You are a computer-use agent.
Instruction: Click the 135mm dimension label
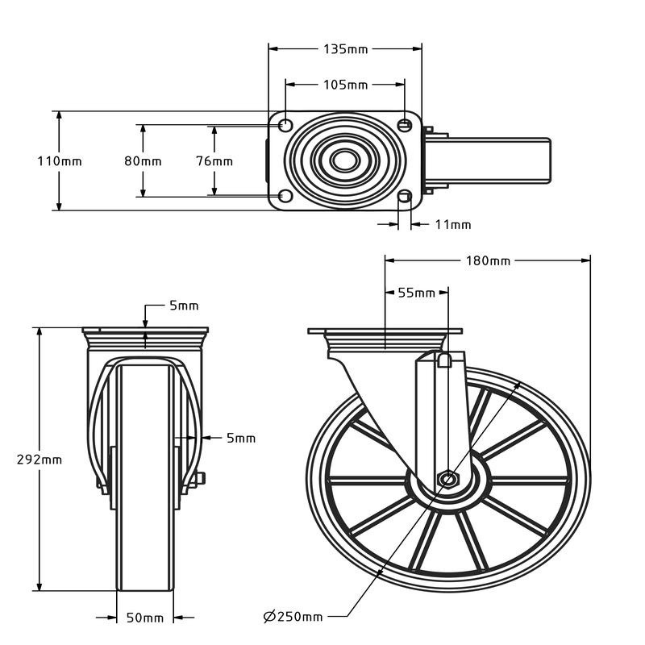coord(345,49)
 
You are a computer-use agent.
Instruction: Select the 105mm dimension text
coord(345,85)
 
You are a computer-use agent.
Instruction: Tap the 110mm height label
coord(59,161)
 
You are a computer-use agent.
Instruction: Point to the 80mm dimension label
coord(143,161)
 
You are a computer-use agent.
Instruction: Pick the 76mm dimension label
coord(214,161)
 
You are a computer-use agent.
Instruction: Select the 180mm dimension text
coord(488,260)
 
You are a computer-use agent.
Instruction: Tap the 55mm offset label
coord(416,293)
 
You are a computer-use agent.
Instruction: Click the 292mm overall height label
coord(40,460)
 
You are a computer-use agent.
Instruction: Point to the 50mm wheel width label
coord(145,618)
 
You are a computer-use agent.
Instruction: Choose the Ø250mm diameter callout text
coord(293,617)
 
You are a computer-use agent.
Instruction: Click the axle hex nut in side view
coord(447,480)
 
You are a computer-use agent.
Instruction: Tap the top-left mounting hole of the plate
coord(285,126)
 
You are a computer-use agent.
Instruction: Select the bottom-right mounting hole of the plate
coord(405,196)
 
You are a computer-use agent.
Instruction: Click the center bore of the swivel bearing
coord(345,160)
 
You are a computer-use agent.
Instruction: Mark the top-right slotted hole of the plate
coord(405,125)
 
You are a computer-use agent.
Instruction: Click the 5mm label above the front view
coord(183,306)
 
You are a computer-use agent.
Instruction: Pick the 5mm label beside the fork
coord(240,439)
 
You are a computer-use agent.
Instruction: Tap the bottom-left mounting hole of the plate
coord(285,196)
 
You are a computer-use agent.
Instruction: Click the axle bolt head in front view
coord(200,479)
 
